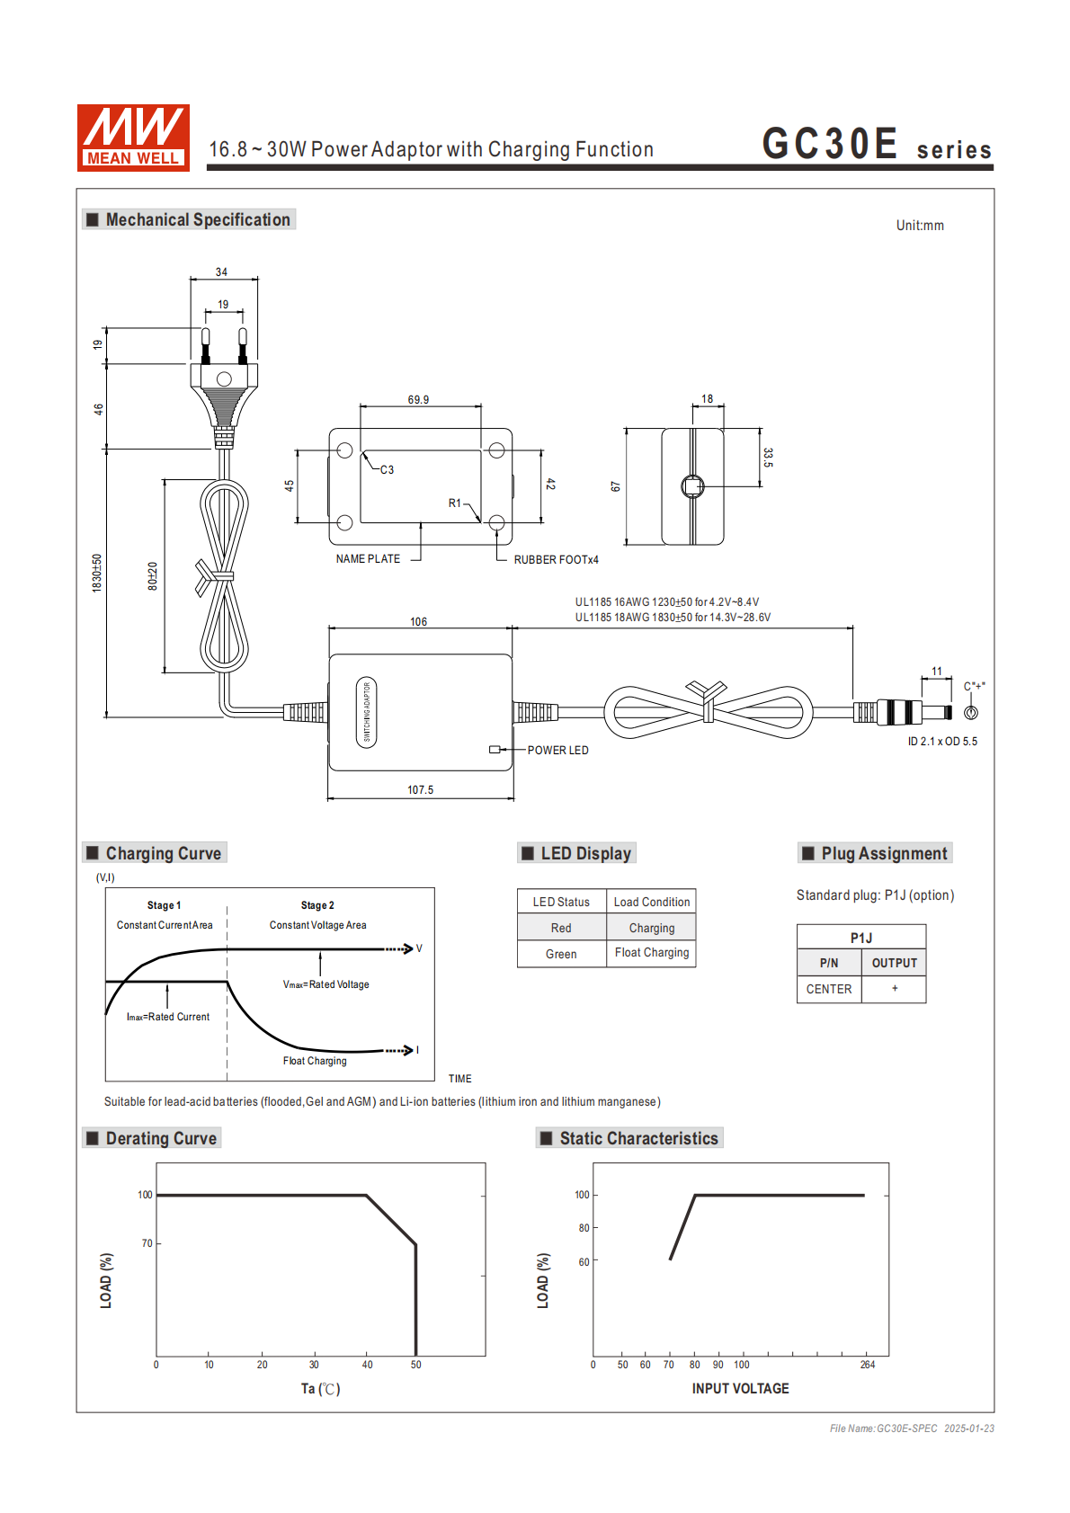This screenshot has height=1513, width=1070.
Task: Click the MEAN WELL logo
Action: pos(133,138)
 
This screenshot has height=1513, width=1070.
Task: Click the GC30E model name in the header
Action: pos(829,144)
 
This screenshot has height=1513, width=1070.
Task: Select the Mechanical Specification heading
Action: pos(197,220)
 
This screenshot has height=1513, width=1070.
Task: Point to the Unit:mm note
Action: pos(919,226)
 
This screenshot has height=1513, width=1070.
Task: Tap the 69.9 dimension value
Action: pos(418,400)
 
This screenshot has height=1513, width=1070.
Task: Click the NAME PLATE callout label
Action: pos(368,559)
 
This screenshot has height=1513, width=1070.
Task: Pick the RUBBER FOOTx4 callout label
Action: pos(556,560)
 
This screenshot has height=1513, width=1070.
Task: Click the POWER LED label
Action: pos(557,751)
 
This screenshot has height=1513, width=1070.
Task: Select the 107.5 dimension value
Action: pos(420,790)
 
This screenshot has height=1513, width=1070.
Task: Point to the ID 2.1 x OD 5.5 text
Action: pos(941,742)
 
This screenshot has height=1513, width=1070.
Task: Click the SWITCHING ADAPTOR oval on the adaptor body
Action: pos(366,712)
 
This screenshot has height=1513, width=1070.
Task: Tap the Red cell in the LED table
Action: pos(561,928)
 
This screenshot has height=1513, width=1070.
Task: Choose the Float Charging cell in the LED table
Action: pos(652,953)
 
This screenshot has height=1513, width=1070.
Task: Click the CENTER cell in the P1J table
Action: pos(828,989)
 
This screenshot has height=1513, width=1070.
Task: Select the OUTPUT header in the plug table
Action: pos(894,963)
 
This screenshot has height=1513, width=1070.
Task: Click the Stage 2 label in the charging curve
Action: pos(317,905)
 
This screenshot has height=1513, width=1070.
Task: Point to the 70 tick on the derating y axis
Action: pos(147,1243)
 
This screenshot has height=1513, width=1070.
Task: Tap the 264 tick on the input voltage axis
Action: pos(867,1365)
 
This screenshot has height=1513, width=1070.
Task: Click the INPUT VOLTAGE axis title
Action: pos(740,1389)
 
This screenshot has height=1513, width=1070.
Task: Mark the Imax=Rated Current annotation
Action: pos(168,1017)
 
